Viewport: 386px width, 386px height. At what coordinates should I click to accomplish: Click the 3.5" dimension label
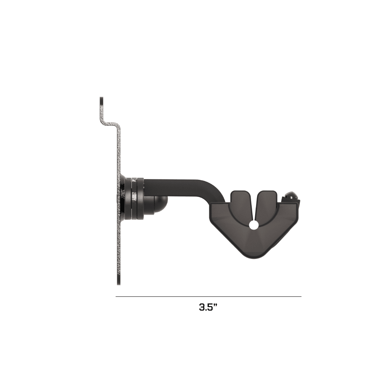tap(208, 307)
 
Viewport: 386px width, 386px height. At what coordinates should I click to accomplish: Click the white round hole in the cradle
tap(254, 225)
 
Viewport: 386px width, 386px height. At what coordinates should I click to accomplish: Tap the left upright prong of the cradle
tap(241, 201)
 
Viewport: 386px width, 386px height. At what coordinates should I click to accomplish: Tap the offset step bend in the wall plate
tap(111, 124)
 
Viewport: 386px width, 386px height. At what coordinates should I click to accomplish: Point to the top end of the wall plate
tap(101, 98)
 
